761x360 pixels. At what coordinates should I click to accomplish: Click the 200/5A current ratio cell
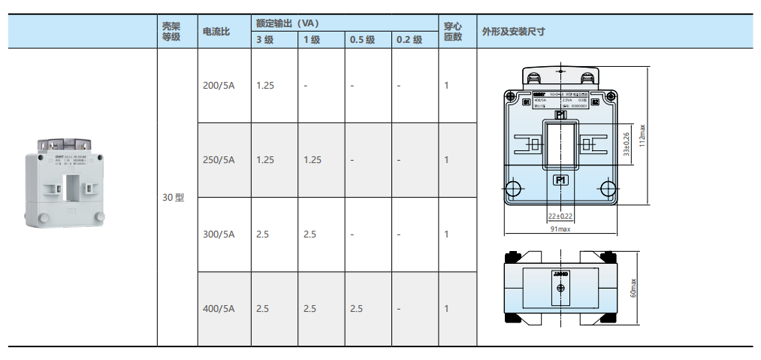tap(219, 86)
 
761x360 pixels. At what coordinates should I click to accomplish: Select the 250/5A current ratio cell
tap(219, 160)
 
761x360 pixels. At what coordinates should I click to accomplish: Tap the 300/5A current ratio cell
tap(219, 234)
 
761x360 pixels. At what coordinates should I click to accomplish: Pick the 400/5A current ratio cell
tap(219, 309)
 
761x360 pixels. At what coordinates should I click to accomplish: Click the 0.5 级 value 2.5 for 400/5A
tap(356, 309)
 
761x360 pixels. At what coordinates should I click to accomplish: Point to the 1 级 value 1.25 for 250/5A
tap(313, 160)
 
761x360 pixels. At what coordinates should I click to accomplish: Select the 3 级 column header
tap(264, 41)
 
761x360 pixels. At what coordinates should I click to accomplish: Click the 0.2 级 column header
tap(409, 41)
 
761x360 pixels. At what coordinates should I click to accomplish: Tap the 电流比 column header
tap(216, 32)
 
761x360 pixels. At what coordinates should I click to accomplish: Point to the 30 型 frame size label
tap(173, 198)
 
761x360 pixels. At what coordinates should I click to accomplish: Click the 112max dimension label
tap(642, 136)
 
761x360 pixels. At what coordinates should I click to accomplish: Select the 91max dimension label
tap(560, 228)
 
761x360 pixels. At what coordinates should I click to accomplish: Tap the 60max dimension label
tap(633, 288)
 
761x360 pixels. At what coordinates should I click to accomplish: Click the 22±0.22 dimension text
tap(560, 216)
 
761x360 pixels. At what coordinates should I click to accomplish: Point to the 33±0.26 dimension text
tap(627, 144)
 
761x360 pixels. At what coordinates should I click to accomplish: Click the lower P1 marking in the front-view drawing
tap(560, 180)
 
